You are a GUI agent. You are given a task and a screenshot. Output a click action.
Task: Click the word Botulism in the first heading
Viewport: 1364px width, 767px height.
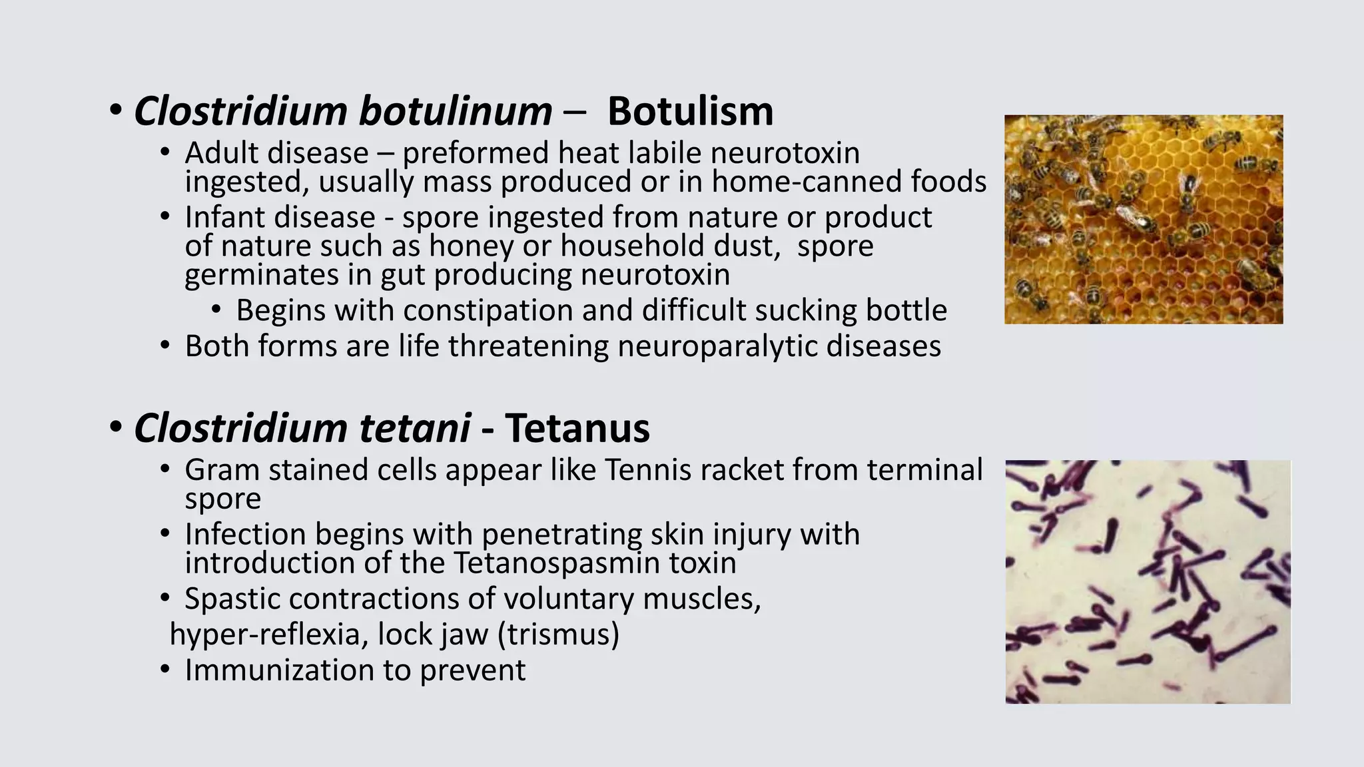click(690, 111)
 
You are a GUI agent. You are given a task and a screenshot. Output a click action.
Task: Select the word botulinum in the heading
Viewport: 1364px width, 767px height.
click(456, 111)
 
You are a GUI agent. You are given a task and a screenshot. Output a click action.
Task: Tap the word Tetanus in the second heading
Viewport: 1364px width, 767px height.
click(577, 427)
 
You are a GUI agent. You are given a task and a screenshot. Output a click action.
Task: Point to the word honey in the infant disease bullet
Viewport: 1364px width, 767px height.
click(471, 246)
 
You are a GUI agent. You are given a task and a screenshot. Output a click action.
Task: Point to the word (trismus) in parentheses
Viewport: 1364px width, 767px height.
click(558, 634)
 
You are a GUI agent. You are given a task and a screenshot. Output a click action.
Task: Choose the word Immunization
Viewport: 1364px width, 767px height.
click(279, 670)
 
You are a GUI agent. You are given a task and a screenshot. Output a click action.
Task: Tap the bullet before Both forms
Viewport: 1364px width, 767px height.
click(165, 346)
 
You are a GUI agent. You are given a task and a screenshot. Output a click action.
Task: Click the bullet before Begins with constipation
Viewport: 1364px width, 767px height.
click(216, 310)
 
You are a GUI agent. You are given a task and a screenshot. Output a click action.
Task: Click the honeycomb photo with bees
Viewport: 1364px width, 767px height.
click(1143, 220)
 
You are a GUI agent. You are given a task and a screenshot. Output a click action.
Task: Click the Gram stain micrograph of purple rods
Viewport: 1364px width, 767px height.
click(1147, 581)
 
